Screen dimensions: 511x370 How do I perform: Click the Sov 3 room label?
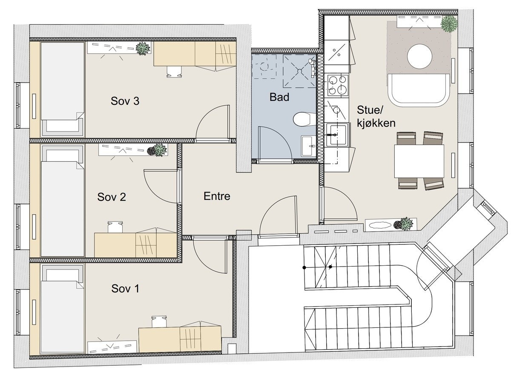pyautogui.click(x=125, y=101)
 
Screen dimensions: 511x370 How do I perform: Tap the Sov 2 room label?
pyautogui.click(x=112, y=197)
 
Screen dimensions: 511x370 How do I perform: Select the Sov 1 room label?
pyautogui.click(x=125, y=289)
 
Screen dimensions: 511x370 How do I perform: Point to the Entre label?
pyautogui.click(x=217, y=196)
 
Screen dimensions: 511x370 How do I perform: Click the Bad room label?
pyautogui.click(x=279, y=97)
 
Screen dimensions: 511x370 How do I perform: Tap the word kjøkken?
pyautogui.click(x=376, y=123)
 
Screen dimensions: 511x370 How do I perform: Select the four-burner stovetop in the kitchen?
pyautogui.click(x=338, y=85)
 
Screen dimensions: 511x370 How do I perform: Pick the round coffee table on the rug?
pyautogui.click(x=419, y=56)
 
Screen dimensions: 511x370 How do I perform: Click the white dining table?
pyautogui.click(x=419, y=161)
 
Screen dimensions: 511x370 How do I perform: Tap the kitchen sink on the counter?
pyautogui.click(x=337, y=135)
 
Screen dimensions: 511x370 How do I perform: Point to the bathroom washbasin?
pyautogui.click(x=308, y=146)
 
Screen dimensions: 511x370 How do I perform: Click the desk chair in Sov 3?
pyautogui.click(x=174, y=72)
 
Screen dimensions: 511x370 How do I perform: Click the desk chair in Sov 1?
pyautogui.click(x=159, y=322)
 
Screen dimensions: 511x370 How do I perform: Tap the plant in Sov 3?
pyautogui.click(x=143, y=49)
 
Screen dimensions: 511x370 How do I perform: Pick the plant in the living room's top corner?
pyautogui.click(x=449, y=24)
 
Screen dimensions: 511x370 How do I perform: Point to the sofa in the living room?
pyautogui.click(x=419, y=90)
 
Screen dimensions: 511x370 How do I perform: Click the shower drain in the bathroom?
pyautogui.click(x=299, y=71)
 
